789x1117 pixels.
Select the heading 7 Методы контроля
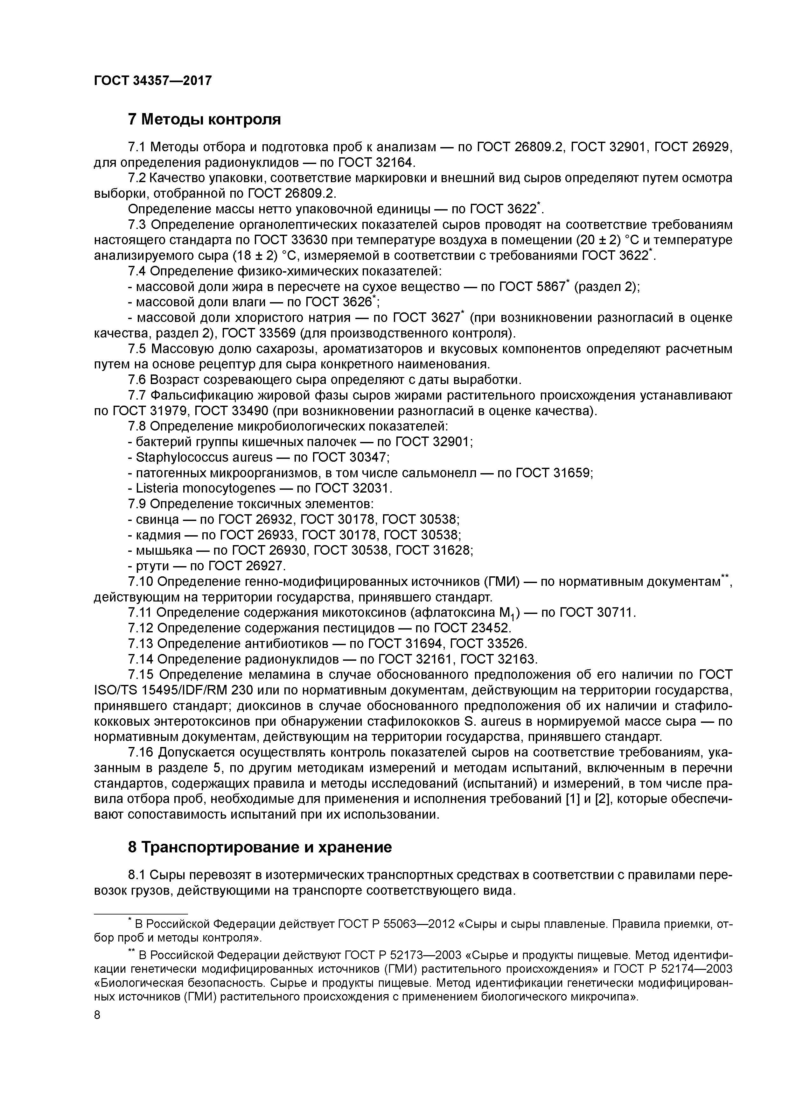click(x=204, y=119)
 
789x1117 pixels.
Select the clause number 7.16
click(x=140, y=753)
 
